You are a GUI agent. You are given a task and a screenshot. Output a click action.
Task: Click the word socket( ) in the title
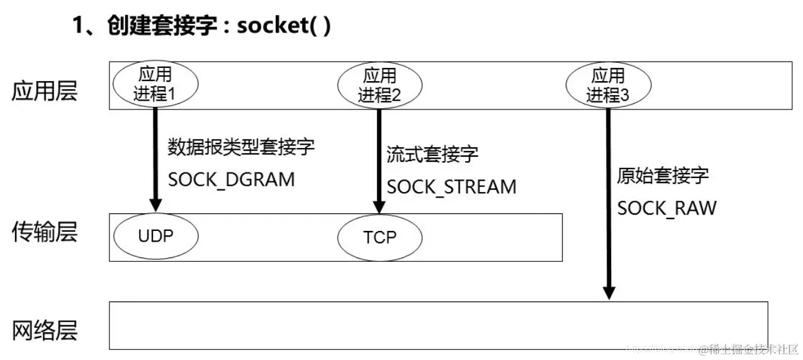[x=283, y=27]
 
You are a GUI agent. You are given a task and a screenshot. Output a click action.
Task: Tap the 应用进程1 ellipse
[x=155, y=86]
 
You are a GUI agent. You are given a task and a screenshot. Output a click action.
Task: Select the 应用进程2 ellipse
[x=379, y=86]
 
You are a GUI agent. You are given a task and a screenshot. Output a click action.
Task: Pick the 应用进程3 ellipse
[x=607, y=86]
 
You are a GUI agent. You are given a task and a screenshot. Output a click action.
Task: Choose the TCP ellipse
[x=379, y=237]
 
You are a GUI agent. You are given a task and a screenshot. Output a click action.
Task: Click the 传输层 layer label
[x=45, y=232]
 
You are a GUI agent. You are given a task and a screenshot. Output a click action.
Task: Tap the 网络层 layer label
[x=45, y=330]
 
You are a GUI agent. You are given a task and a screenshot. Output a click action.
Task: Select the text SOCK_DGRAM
[x=231, y=179]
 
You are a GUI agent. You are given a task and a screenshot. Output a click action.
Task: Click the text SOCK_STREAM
[x=451, y=187]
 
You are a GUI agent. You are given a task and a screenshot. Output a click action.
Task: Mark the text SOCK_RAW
[x=666, y=208]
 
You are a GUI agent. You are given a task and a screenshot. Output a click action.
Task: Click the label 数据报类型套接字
[x=240, y=147]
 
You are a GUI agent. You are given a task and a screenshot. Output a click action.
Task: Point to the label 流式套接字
[x=432, y=154]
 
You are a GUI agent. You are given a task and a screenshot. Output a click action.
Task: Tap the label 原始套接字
[x=663, y=176]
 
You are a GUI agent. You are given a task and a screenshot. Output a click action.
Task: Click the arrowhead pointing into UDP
[x=155, y=206]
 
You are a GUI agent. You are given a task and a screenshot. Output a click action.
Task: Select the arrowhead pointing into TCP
[x=379, y=207]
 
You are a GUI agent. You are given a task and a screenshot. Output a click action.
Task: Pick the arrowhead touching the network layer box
[x=608, y=293]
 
